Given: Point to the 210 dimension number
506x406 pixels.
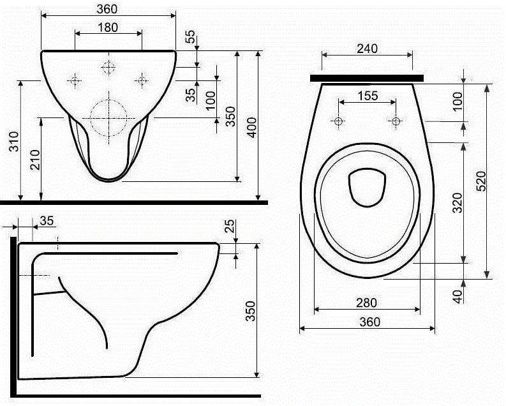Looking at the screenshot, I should (33, 160).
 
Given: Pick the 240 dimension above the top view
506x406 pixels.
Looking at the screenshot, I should (368, 48).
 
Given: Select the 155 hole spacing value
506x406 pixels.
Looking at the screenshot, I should (367, 96).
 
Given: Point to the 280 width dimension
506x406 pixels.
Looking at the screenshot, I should (368, 302).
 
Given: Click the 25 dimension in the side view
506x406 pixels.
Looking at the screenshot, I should (230, 227).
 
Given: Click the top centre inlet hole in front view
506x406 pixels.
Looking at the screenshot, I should (109, 67).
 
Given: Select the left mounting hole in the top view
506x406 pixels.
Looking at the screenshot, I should (338, 121).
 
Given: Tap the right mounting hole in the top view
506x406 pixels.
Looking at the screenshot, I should (396, 121).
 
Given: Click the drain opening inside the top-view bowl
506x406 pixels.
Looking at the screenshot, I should (368, 188).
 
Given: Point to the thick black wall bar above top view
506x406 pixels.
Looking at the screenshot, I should (367, 78).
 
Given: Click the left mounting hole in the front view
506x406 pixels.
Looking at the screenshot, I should (75, 80).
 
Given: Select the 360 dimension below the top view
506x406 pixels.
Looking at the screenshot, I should (368, 322).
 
